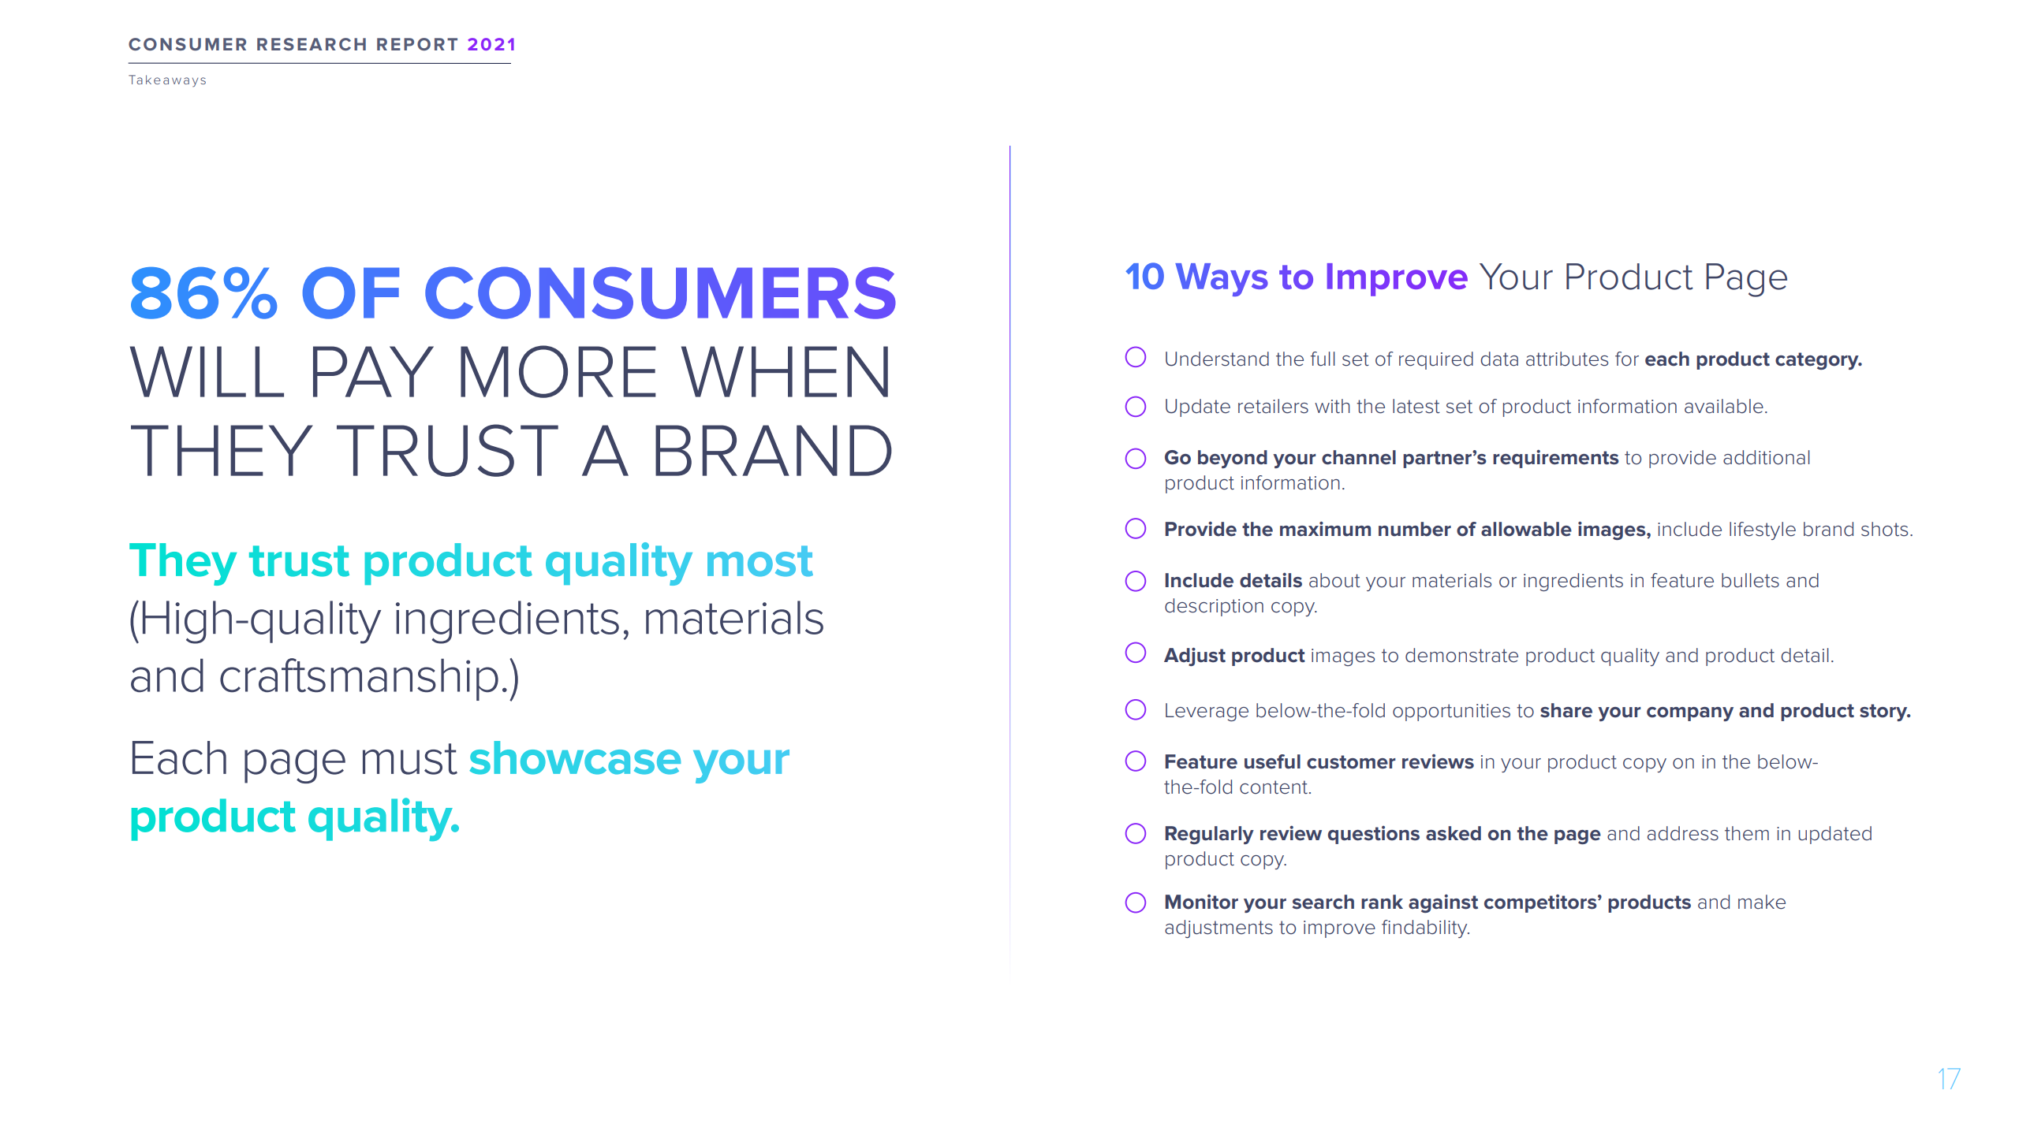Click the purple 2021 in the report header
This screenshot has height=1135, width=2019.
click(x=491, y=45)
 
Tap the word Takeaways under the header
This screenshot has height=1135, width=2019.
click(x=167, y=80)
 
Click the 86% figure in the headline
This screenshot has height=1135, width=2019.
click(x=203, y=293)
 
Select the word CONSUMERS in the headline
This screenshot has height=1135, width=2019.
click(x=661, y=293)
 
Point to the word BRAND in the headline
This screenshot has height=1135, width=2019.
click(x=772, y=451)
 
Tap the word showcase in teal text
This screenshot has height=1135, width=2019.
click(x=575, y=759)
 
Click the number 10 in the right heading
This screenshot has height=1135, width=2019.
click(x=1144, y=277)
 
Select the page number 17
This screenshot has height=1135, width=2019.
click(x=1949, y=1079)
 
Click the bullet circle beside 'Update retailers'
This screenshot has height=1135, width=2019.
click(x=1136, y=407)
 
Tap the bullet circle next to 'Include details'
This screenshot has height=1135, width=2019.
click(x=1136, y=581)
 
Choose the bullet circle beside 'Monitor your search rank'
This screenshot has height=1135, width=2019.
click(x=1136, y=902)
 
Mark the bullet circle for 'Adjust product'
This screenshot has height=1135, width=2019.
click(x=1136, y=653)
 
